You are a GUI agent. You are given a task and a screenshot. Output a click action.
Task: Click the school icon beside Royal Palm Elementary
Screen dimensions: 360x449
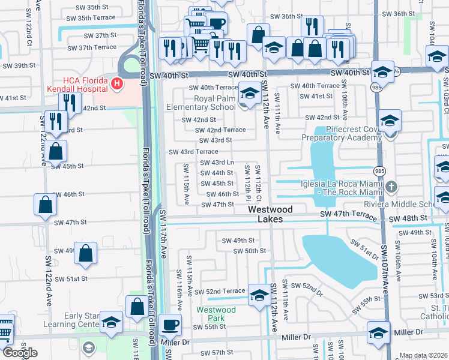(249, 94)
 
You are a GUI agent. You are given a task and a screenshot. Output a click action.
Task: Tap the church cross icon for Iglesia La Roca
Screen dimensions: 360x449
(391, 185)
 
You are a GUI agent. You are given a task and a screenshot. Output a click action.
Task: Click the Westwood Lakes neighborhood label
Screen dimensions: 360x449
(271, 214)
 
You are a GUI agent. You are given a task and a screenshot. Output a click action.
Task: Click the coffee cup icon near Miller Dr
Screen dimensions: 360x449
(171, 325)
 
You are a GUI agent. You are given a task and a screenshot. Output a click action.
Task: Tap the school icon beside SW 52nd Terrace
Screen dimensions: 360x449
(259, 295)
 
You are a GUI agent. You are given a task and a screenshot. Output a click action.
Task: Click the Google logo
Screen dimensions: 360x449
(20, 353)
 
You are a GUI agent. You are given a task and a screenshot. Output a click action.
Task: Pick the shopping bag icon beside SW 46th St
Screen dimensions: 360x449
(46, 205)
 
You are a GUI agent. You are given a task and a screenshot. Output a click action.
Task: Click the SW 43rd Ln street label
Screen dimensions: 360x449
(217, 163)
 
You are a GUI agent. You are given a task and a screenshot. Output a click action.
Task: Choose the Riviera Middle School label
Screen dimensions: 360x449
(421, 205)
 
